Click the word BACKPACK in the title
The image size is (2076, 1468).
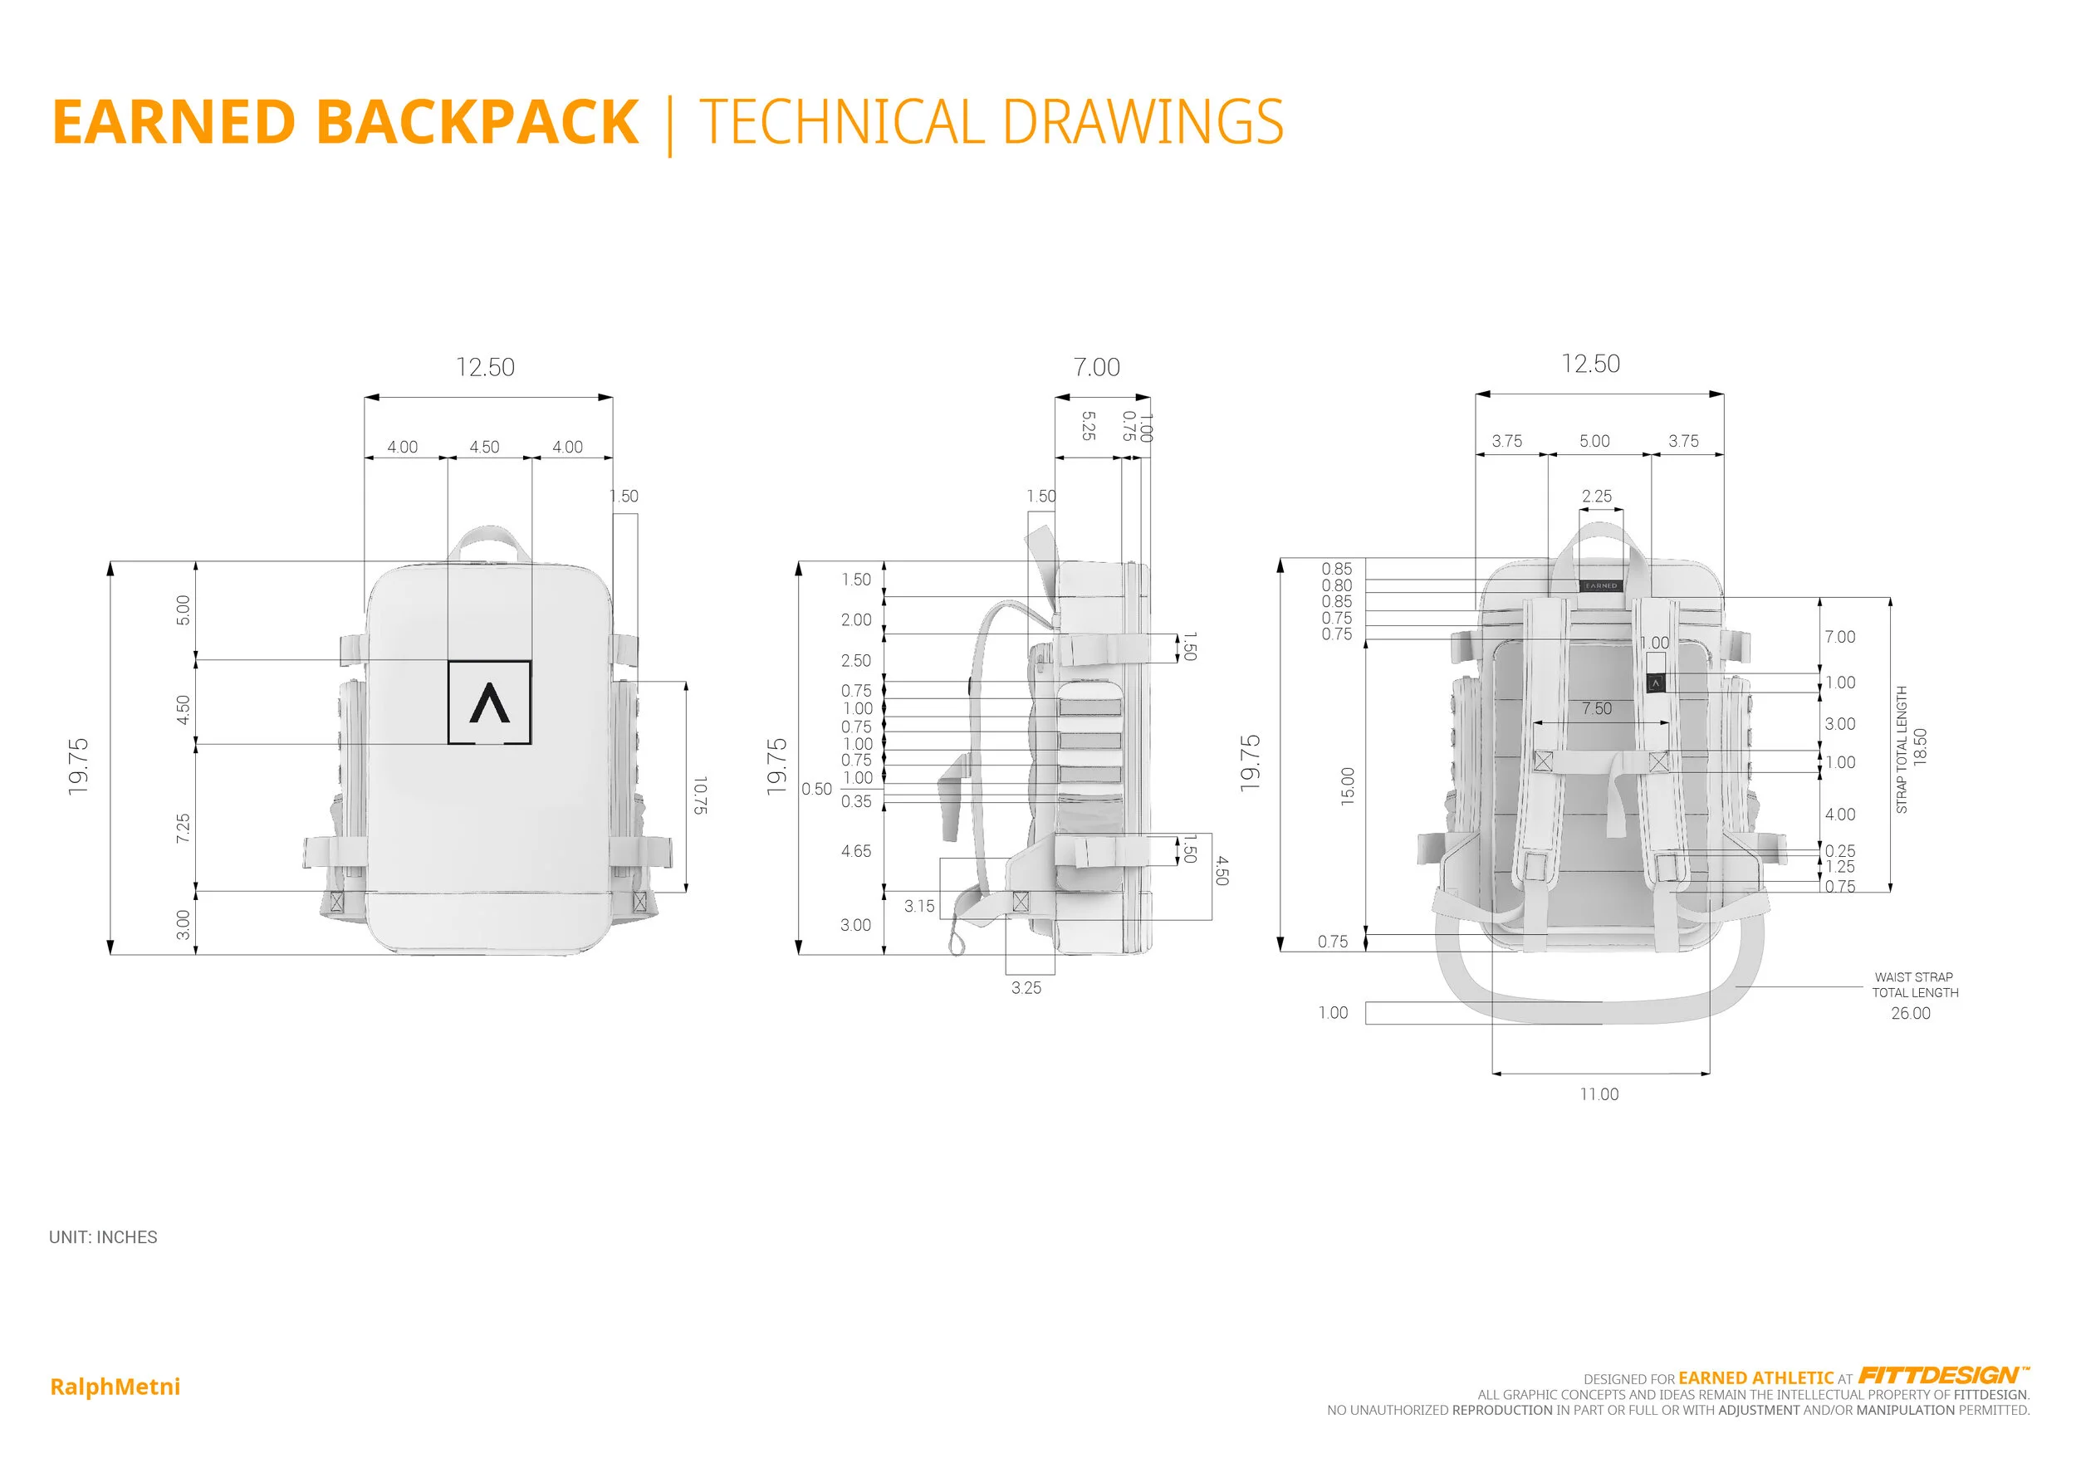[477, 122]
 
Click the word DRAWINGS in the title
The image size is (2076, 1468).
[1143, 122]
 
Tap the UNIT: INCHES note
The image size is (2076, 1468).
[103, 1236]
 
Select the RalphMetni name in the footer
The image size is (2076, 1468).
[115, 1387]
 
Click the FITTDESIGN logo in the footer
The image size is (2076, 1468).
[1941, 1376]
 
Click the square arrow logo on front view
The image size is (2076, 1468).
[489, 702]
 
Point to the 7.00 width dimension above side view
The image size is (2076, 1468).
[1096, 367]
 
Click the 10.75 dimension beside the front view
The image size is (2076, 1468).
[700, 795]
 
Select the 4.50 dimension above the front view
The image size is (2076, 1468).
[485, 447]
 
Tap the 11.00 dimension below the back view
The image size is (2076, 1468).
[1599, 1094]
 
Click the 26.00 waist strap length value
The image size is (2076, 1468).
[1911, 1013]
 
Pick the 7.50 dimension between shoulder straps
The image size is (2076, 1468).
[1597, 709]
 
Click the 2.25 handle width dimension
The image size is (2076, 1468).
[1597, 497]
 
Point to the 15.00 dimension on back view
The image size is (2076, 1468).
[1348, 785]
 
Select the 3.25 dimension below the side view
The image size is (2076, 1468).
[1026, 988]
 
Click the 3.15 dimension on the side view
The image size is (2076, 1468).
[919, 906]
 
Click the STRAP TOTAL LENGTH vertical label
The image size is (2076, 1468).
[1902, 750]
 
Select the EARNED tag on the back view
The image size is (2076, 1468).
[1600, 585]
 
